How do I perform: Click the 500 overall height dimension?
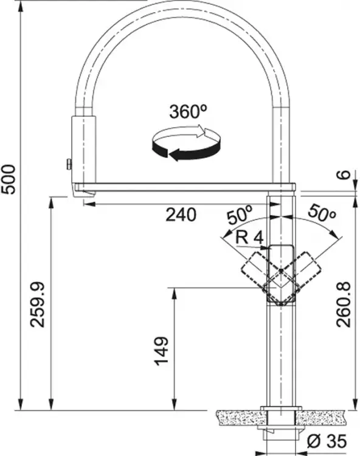pyautogui.click(x=8, y=179)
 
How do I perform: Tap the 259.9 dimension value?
pyautogui.click(x=38, y=305)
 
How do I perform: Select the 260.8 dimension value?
pyautogui.click(x=344, y=305)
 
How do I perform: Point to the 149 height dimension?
pyautogui.click(x=161, y=351)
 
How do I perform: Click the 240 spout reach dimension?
pyautogui.click(x=181, y=215)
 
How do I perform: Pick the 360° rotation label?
pyautogui.click(x=188, y=111)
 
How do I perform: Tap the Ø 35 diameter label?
pyautogui.click(x=327, y=441)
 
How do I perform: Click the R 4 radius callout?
pyautogui.click(x=249, y=238)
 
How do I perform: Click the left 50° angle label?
pyautogui.click(x=240, y=215)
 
